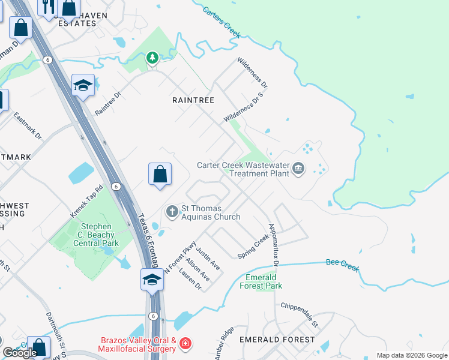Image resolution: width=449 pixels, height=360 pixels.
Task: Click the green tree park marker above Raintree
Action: [x=152, y=58]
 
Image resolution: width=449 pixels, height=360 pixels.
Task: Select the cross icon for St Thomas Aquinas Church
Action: [x=172, y=211]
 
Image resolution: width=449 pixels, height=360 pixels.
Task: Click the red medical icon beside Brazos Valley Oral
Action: [x=186, y=344]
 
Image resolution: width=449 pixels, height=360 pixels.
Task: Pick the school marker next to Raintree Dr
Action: [x=83, y=85]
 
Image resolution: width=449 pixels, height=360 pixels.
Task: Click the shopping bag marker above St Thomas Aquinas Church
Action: [x=160, y=175]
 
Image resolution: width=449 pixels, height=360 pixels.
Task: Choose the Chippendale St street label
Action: [x=298, y=314]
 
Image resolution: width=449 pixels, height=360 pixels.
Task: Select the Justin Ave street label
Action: [x=208, y=257]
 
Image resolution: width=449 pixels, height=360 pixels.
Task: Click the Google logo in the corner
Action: [x=20, y=352]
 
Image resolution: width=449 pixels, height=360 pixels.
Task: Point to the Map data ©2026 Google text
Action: [x=411, y=355]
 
